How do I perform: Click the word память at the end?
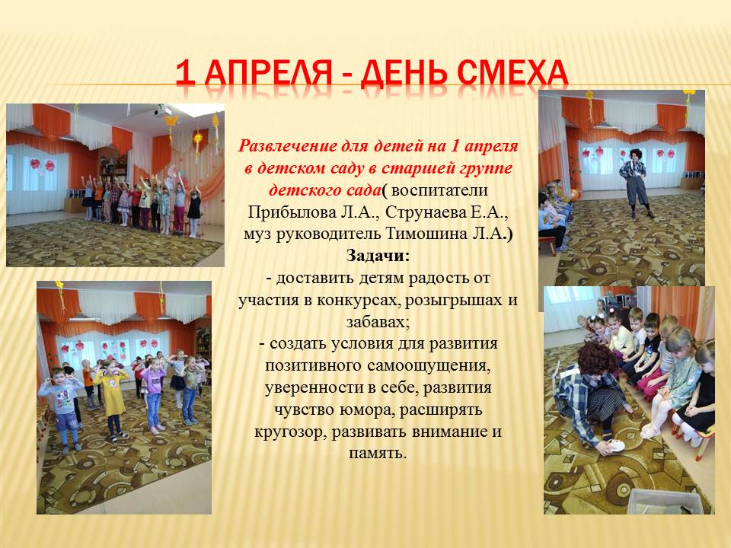click(378, 453)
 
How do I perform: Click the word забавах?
click(378, 322)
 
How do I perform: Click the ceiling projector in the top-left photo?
click(161, 111)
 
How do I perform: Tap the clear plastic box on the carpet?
click(663, 502)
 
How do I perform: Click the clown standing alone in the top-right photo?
click(634, 183)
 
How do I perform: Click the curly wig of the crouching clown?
click(597, 358)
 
